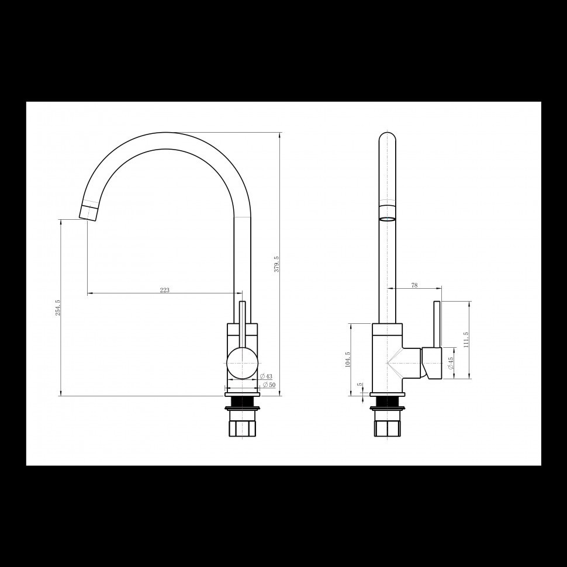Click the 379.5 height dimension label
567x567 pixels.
coord(276,264)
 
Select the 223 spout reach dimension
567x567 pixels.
coord(164,290)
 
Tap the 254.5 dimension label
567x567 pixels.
coord(58,307)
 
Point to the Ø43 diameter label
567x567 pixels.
coord(267,376)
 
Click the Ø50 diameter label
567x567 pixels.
coord(269,385)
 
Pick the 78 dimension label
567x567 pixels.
coord(414,285)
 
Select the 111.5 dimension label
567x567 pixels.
coord(466,340)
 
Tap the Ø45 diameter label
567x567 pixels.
coord(451,363)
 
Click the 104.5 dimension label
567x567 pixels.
coord(348,359)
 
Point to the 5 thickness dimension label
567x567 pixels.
coord(359,385)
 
